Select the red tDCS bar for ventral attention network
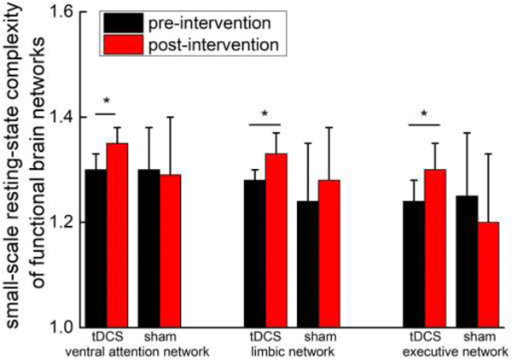[x=116, y=235]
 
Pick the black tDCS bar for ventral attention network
[x=96, y=247]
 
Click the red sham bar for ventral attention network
[x=170, y=250]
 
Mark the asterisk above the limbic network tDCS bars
[x=265, y=114]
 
